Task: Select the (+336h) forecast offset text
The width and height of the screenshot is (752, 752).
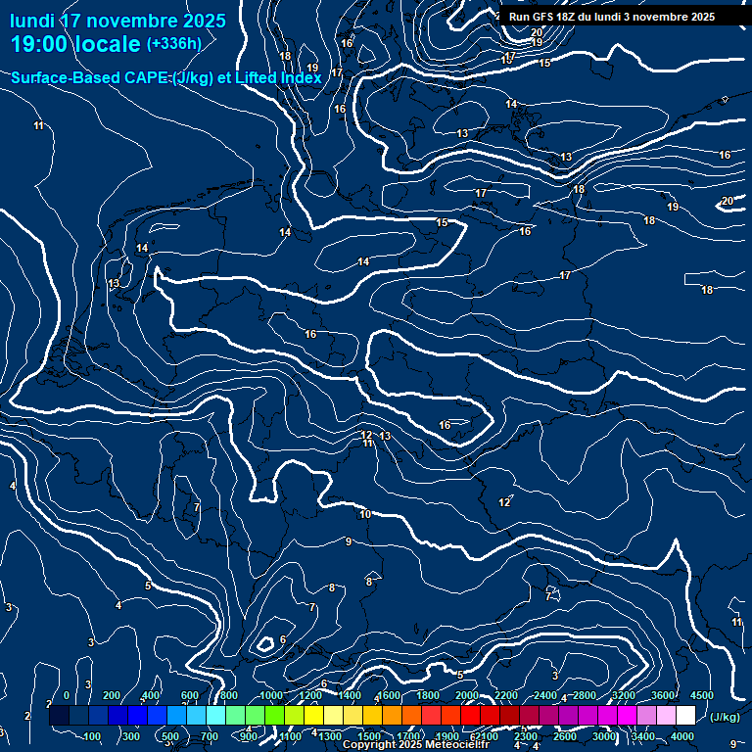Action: [174, 43]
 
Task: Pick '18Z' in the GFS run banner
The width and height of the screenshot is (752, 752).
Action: [567, 17]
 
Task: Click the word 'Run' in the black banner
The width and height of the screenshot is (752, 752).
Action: [520, 17]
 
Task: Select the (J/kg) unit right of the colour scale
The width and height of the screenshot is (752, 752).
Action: [724, 717]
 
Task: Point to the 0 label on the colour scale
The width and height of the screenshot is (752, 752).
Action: [67, 695]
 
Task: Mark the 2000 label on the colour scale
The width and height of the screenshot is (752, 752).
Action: [467, 695]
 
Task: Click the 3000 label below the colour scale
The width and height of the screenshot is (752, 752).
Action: [604, 736]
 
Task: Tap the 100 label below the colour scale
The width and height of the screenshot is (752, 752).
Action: [93, 736]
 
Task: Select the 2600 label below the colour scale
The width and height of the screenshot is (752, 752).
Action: [565, 736]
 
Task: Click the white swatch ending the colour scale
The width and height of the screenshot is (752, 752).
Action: [685, 716]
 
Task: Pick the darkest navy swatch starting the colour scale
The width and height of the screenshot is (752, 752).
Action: [59, 716]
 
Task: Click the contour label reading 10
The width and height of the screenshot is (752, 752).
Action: [365, 514]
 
